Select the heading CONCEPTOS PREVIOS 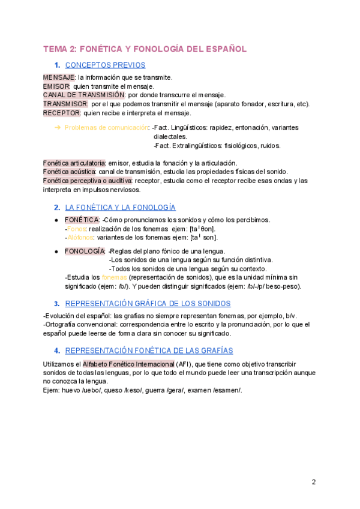105,65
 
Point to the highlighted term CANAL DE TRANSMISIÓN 84,95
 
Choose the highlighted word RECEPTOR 62,113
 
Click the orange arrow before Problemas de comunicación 58,127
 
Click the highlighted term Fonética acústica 70,172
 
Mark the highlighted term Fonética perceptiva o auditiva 88,181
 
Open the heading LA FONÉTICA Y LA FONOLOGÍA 120,208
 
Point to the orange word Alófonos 80,238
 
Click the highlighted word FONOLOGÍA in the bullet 85,251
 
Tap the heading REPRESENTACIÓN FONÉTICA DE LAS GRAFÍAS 149,351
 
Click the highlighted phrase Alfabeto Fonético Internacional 128,364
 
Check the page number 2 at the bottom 314,482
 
